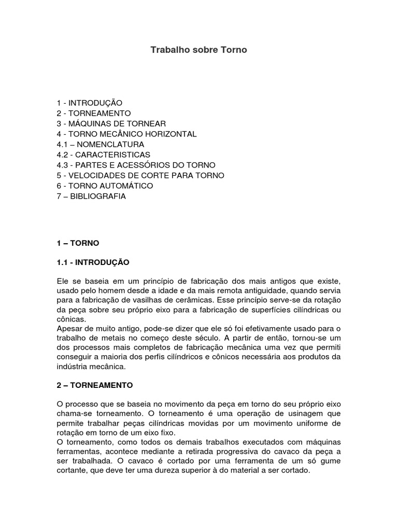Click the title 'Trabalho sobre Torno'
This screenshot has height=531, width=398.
[x=199, y=50]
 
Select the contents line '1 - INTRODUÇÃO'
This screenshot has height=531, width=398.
[x=90, y=103]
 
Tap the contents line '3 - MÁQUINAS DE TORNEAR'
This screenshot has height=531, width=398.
[x=111, y=123]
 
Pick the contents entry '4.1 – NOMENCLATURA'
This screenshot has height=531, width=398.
[x=101, y=144]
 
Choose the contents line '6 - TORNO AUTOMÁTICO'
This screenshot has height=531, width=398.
[x=105, y=186]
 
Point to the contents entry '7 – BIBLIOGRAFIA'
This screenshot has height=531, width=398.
[x=92, y=197]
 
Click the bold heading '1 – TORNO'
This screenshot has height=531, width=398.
[x=78, y=243]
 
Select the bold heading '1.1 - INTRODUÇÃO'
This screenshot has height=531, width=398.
[x=93, y=262]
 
